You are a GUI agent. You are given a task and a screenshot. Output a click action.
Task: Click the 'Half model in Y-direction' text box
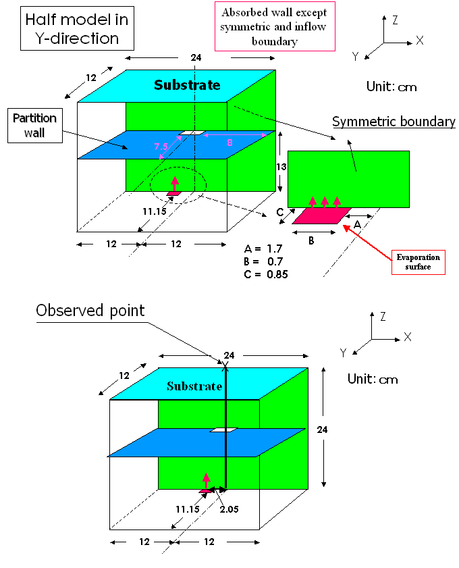pyautogui.click(x=76, y=28)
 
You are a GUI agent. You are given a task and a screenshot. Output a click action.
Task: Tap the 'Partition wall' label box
pyautogui.click(x=34, y=126)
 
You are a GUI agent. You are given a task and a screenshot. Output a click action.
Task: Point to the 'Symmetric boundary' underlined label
pyautogui.click(x=394, y=122)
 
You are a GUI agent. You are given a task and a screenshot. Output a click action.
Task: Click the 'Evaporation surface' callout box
pyautogui.click(x=418, y=262)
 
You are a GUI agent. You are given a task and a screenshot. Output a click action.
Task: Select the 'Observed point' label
pyautogui.click(x=90, y=311)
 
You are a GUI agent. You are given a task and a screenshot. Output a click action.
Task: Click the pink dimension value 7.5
pyautogui.click(x=161, y=147)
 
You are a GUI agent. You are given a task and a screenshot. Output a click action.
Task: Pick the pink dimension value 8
pyautogui.click(x=230, y=143)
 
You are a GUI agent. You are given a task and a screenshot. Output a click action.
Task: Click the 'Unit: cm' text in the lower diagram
pyautogui.click(x=373, y=379)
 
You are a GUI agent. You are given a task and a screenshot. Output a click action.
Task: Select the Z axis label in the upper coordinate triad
pyautogui.click(x=396, y=20)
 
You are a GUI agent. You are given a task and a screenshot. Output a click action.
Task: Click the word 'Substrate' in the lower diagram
pyautogui.click(x=194, y=386)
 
